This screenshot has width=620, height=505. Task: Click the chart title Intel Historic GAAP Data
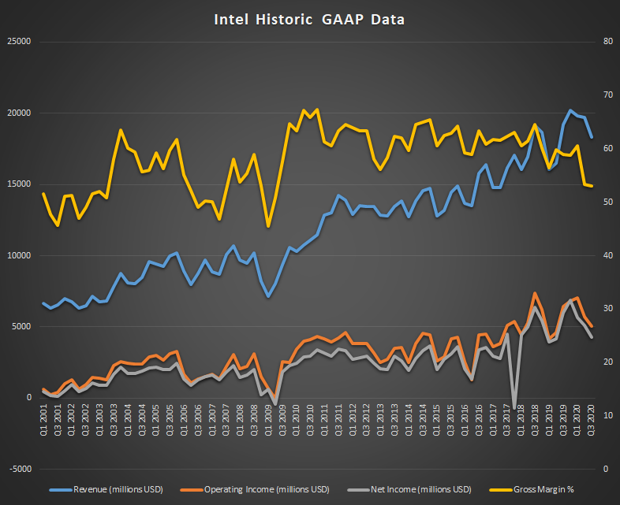pos(309,19)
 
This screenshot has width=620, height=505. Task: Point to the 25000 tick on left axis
pos(18,41)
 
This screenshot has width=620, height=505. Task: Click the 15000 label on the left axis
pos(18,184)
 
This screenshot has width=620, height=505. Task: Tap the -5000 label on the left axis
pos(18,469)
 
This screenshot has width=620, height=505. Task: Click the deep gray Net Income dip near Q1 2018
pos(514,407)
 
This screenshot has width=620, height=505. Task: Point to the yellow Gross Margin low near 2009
pos(268,227)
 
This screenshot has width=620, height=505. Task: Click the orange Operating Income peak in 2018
pos(535,293)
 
